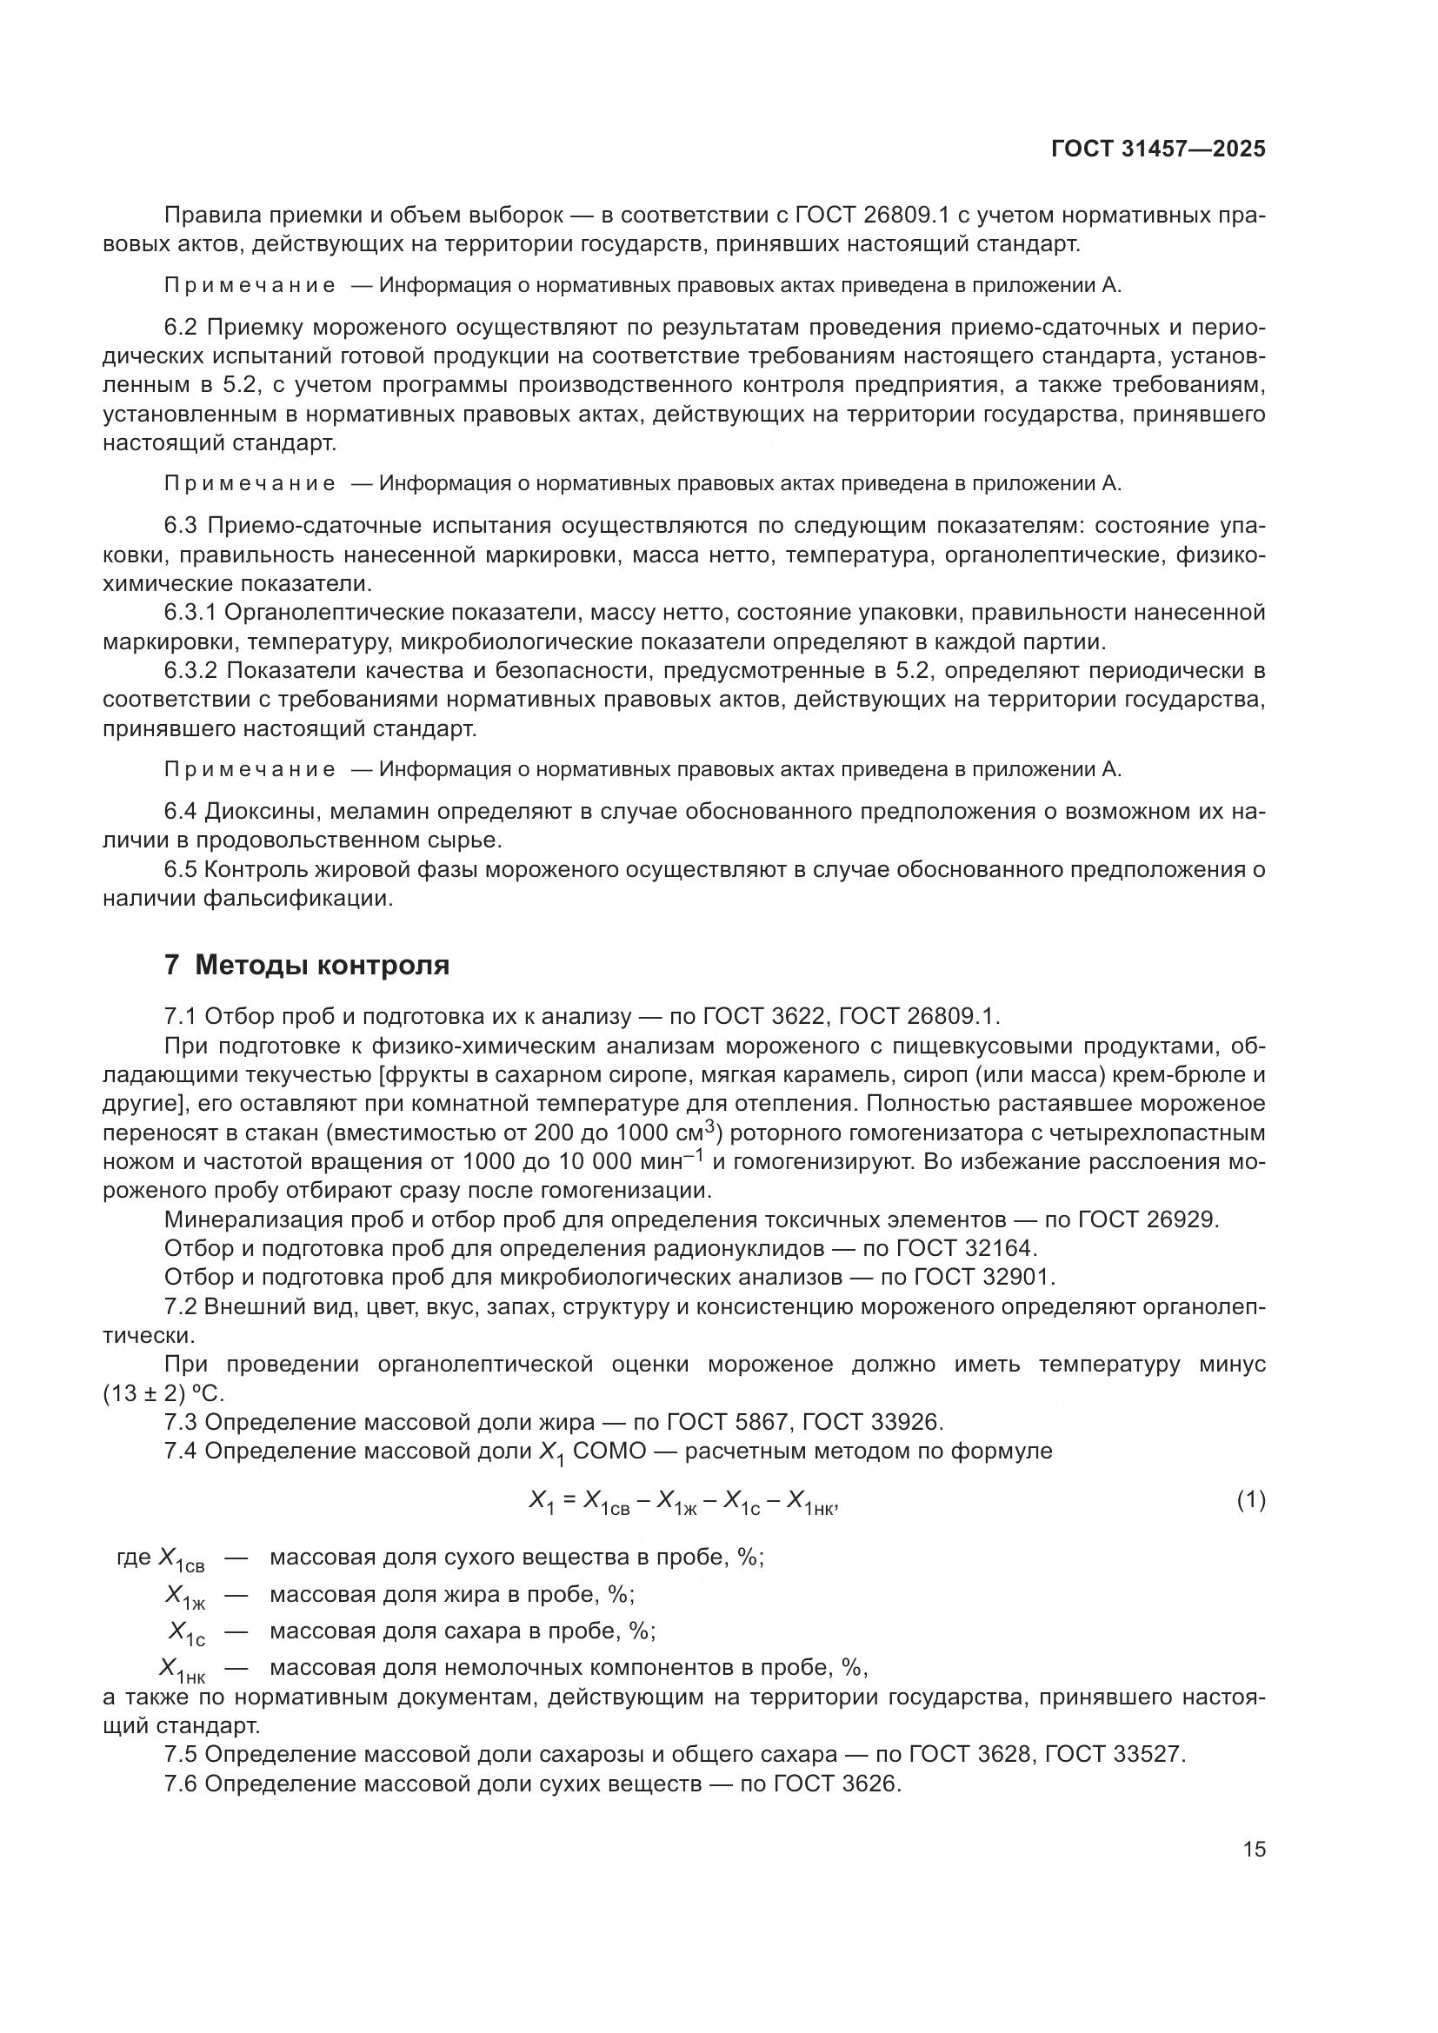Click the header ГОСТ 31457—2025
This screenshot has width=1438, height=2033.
point(1158,149)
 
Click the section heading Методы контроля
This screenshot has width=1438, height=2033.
point(322,965)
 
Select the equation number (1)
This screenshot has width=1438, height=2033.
point(1250,1500)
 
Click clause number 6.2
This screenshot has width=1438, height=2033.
point(183,328)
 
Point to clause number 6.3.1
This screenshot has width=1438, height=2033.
point(190,613)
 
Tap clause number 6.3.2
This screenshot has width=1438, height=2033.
point(190,671)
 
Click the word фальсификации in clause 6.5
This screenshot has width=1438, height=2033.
point(297,899)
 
